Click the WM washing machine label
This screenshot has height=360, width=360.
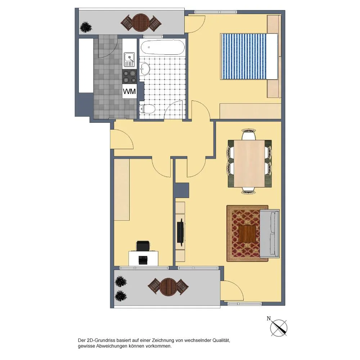coord(130,91)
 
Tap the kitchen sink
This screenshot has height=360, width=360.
coord(129,59)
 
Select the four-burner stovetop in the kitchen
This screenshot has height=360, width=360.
coord(130,76)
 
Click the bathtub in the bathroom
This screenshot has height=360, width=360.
coord(162,47)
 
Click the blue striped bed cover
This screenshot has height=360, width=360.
coord(244,57)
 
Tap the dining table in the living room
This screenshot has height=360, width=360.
coord(249,163)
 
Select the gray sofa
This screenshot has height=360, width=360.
coord(270,234)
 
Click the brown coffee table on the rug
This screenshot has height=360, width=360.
coord(247,234)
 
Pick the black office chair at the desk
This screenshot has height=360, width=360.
coord(143,246)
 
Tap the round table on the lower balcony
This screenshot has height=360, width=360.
coord(168,287)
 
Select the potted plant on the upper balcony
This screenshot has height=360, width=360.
coord(86,27)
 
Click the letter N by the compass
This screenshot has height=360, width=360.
coord(269,319)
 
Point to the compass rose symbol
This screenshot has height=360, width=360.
coord(279,328)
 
